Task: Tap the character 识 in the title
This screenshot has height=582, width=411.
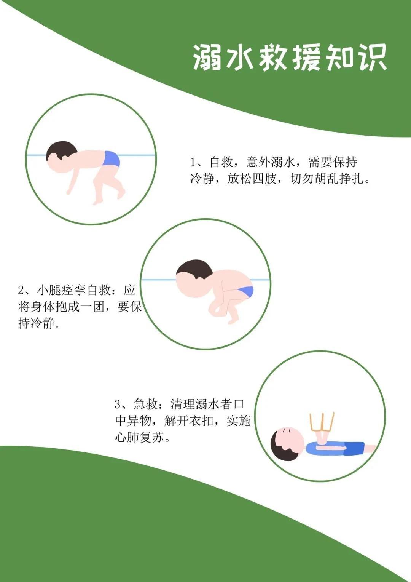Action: click(373, 58)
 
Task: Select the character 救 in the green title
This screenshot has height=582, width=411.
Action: click(273, 58)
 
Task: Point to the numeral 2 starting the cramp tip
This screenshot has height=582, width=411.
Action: click(21, 290)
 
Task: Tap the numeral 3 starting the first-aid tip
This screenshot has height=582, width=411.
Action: click(118, 404)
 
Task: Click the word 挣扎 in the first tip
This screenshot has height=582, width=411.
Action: click(352, 179)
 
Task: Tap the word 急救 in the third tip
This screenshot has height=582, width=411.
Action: click(146, 404)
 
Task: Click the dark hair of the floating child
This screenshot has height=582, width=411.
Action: click(61, 151)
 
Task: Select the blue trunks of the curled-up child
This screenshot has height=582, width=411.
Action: click(246, 291)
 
